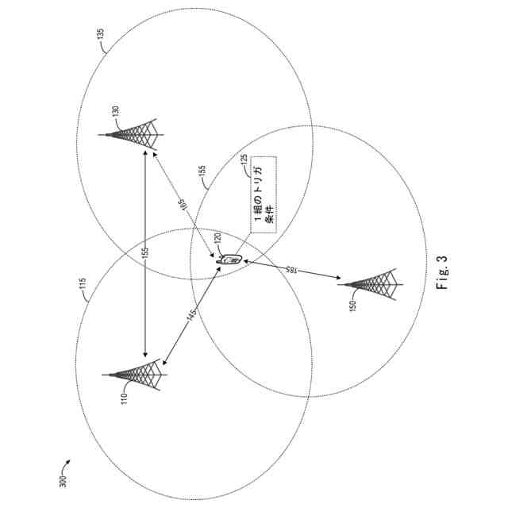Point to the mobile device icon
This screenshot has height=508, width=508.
(229, 259)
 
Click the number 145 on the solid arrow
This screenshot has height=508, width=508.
(190, 315)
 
